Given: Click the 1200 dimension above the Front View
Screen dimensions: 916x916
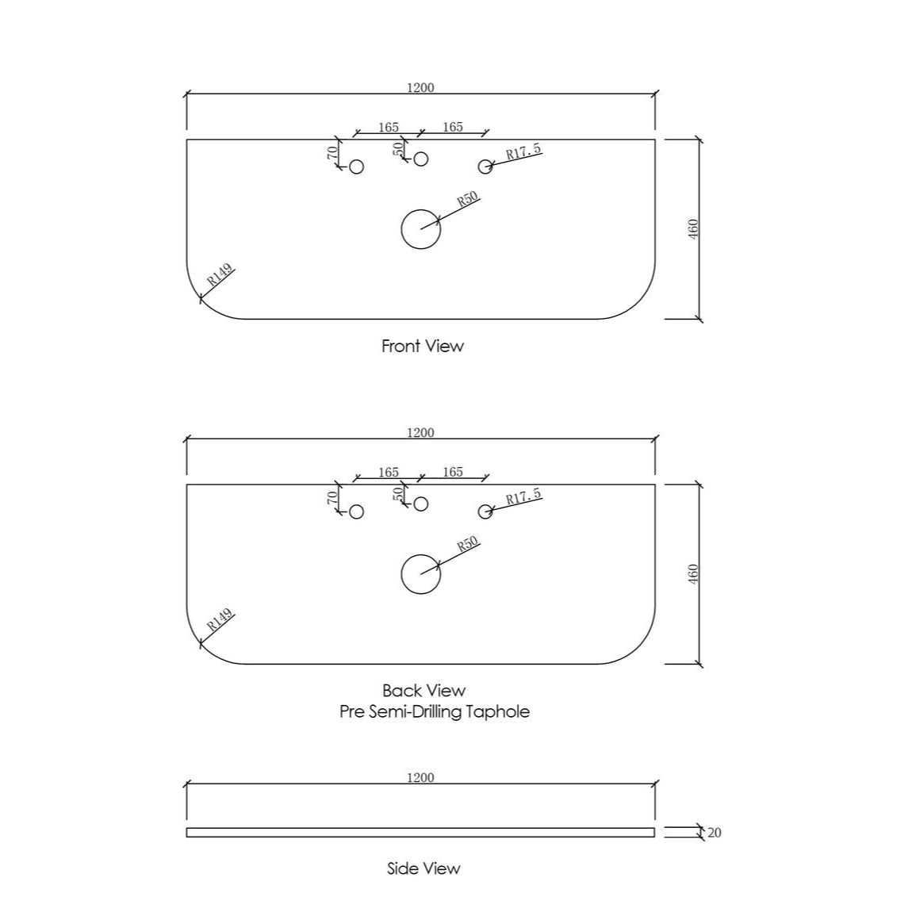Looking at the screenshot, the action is (420, 87).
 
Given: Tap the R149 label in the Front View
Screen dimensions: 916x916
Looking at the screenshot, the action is (220, 274).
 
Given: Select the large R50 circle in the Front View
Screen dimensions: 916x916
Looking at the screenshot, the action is (401, 229).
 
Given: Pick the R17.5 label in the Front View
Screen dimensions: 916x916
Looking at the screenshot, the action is (524, 152).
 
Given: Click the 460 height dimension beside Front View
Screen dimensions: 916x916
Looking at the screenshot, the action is (693, 229).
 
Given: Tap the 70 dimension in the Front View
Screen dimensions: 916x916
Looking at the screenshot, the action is (332, 153).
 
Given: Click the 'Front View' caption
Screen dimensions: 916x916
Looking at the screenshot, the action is (423, 346).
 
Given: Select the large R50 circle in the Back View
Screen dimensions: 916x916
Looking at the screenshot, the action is (401, 573).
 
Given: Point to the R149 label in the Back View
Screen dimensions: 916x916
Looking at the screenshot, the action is (220, 619).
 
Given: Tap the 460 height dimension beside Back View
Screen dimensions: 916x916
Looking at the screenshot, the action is (693, 573).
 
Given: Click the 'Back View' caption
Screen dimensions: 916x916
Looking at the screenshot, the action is (424, 691).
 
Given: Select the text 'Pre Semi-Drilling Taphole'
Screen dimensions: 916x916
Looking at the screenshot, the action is (435, 711).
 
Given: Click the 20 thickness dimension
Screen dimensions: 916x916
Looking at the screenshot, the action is (715, 833).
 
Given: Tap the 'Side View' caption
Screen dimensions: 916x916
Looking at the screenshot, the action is (424, 868).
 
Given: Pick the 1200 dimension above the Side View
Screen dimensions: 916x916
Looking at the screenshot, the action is (420, 777).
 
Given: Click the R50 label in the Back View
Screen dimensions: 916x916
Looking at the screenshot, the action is (467, 544).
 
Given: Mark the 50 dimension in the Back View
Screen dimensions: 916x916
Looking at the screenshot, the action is (398, 493).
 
